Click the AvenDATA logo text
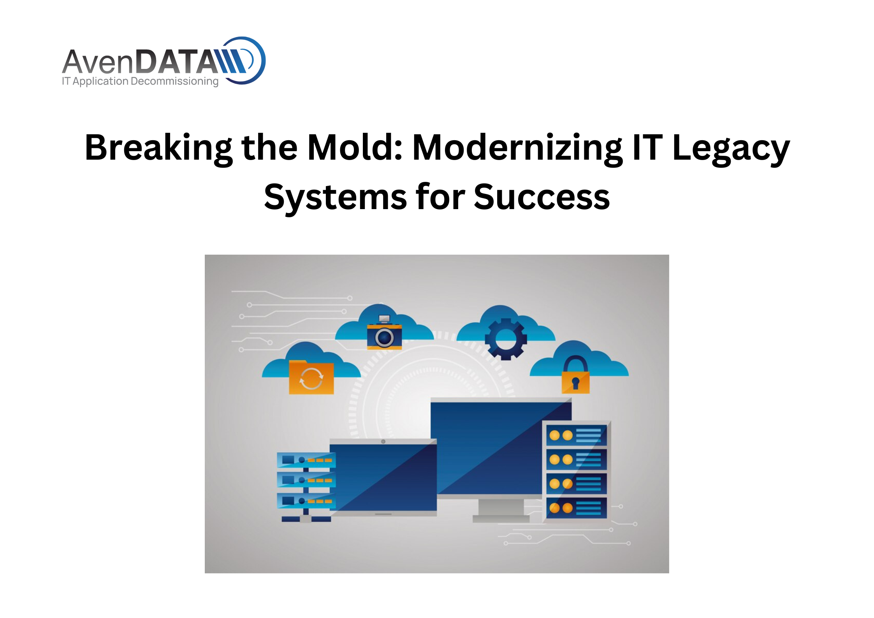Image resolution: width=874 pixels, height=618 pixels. point(154,62)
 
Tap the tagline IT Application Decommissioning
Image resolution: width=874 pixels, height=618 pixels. point(140,81)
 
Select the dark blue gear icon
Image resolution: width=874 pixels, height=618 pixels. point(505,339)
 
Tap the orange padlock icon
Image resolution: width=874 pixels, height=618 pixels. point(575,374)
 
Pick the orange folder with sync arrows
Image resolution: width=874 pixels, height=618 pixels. point(311,377)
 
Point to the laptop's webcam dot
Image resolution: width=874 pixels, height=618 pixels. point(383,442)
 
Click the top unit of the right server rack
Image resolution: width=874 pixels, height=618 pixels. point(576,435)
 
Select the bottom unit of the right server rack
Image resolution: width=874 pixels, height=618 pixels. point(576,508)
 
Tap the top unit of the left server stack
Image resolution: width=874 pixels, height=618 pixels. point(306,460)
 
